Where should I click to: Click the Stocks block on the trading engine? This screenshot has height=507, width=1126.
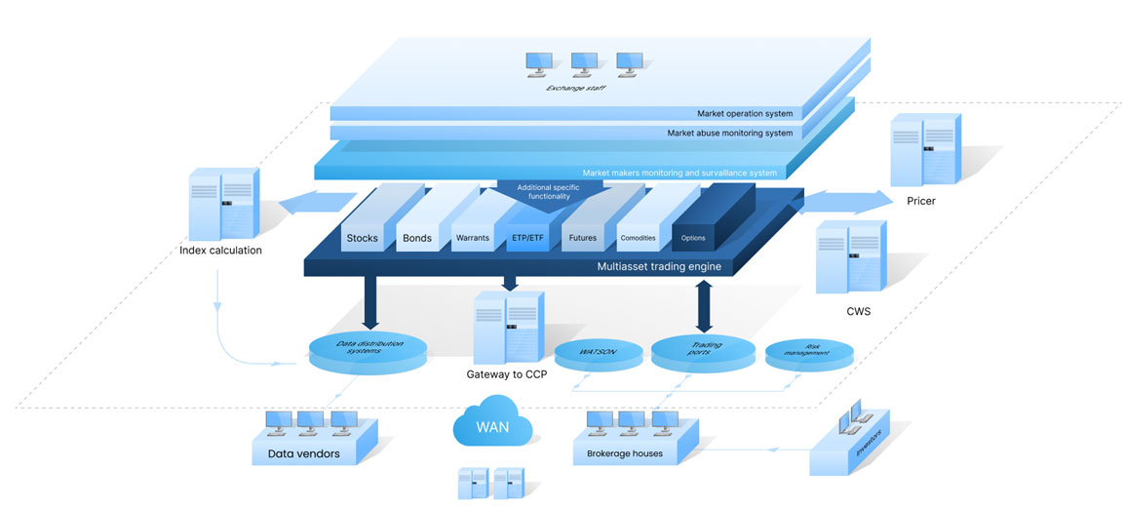(362, 237)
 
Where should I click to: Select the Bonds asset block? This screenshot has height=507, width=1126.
(416, 237)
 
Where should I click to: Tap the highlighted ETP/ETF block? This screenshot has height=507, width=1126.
(527, 237)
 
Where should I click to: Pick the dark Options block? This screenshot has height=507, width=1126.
(693, 237)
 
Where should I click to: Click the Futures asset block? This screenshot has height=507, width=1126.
(582, 237)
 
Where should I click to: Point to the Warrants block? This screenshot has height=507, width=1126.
(472, 237)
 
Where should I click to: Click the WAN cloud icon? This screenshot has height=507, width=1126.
(491, 425)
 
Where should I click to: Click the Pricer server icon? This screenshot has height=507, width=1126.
(925, 147)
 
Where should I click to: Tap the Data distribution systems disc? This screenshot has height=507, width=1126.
(367, 348)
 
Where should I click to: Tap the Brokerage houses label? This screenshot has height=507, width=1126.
(625, 453)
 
